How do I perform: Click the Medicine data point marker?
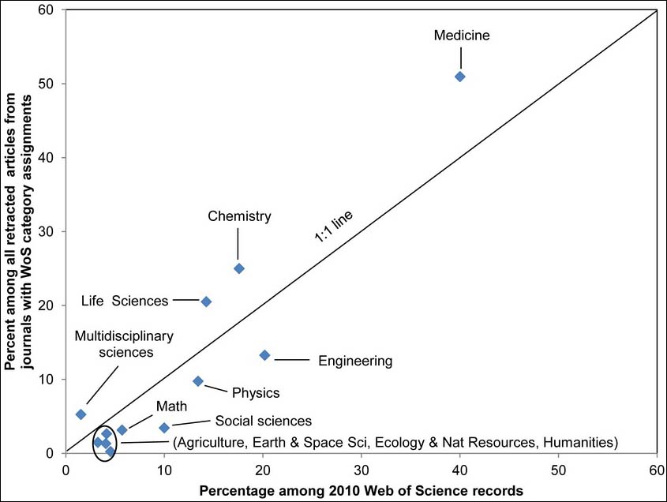point(460,77)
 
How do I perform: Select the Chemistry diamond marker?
point(239,268)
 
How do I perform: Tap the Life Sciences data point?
point(206,302)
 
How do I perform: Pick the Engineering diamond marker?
point(264,355)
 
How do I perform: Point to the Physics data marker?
point(198,381)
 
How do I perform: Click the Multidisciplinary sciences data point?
point(81,414)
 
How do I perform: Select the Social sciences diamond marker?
point(164,428)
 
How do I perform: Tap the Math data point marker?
point(122,430)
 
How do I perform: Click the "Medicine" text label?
point(463,36)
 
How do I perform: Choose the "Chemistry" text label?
point(239,216)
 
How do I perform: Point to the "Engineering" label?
point(355,362)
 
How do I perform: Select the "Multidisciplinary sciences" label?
point(124,344)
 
